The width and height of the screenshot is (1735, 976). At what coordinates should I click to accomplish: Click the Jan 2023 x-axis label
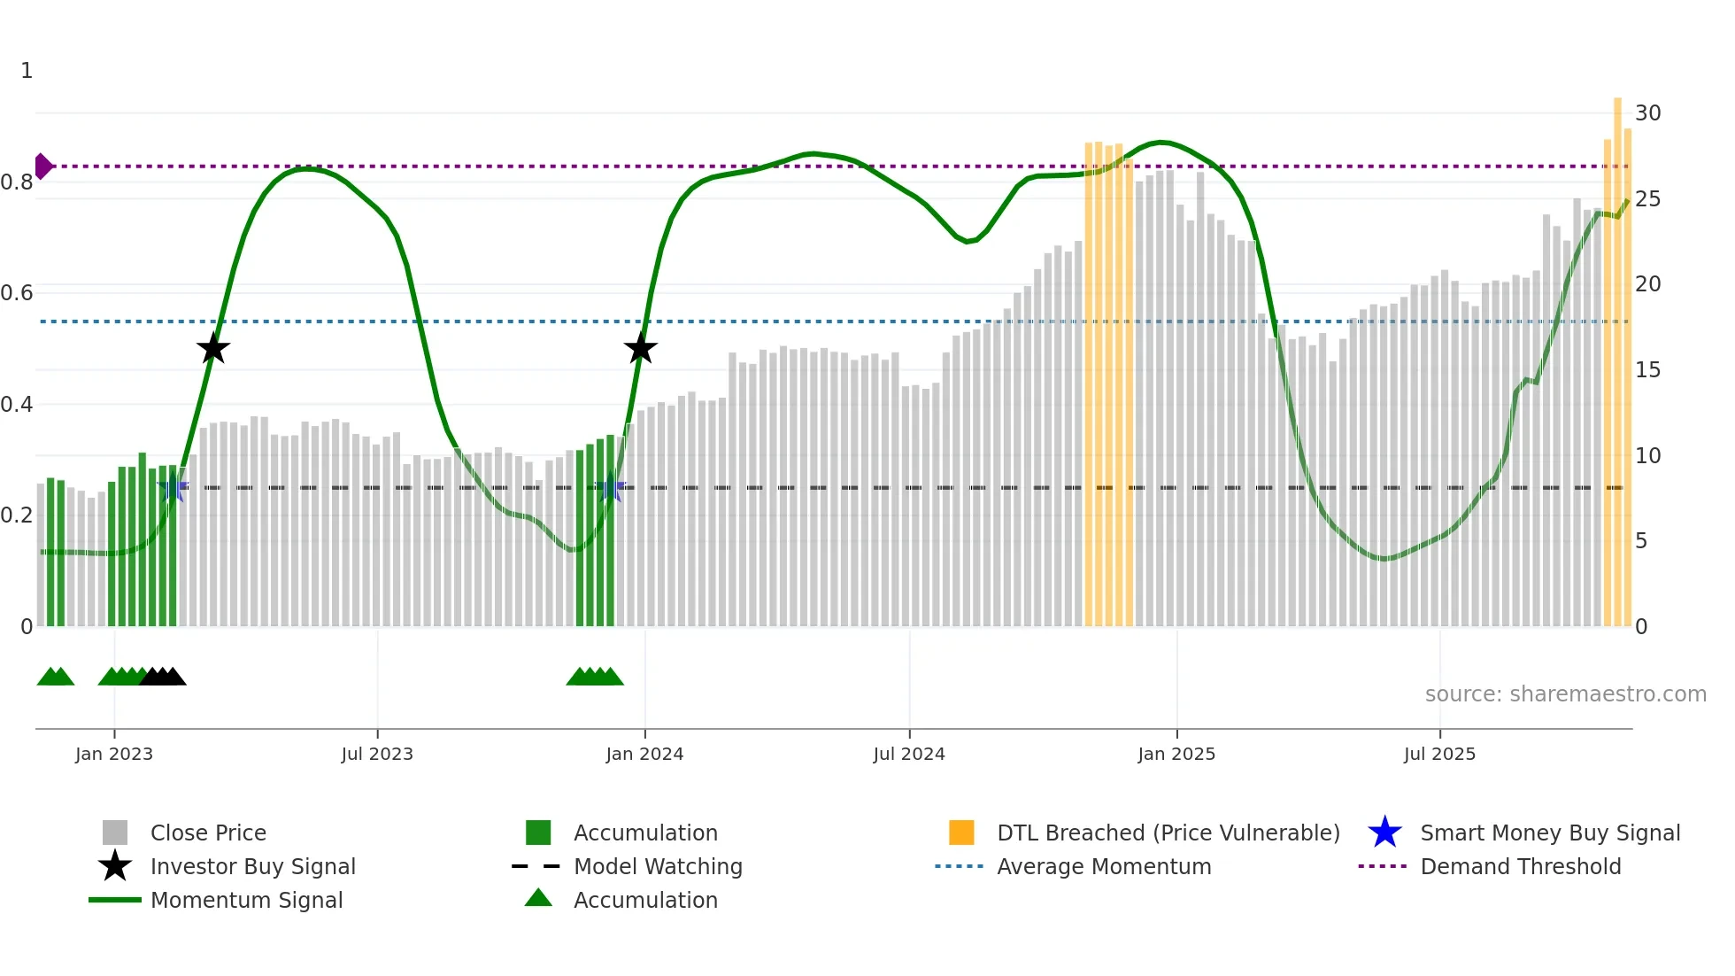(114, 754)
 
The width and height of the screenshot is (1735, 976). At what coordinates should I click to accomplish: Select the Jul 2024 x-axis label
(909, 754)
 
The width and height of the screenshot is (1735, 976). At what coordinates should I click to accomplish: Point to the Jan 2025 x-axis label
(1176, 754)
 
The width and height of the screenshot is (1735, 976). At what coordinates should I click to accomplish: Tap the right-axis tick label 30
(1647, 113)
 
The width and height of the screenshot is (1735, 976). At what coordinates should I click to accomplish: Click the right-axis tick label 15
(1647, 370)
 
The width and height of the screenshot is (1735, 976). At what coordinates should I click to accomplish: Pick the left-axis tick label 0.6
(17, 293)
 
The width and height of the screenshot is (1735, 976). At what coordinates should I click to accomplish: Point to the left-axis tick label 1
(27, 71)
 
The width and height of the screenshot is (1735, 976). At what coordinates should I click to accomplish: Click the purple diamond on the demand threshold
(42, 167)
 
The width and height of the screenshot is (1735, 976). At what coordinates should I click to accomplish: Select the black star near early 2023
(212, 349)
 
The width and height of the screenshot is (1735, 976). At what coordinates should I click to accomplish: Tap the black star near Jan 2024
(640, 349)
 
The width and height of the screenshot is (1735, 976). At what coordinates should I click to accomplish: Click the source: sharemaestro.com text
(1565, 694)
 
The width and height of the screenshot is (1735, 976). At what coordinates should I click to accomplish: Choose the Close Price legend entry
(208, 833)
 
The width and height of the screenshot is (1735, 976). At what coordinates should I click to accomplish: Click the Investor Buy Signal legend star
(115, 866)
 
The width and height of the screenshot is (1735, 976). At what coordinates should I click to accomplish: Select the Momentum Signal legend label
(246, 901)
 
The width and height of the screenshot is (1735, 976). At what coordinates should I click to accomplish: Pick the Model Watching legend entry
(658, 867)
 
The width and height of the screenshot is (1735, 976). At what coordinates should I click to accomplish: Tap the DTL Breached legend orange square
(961, 833)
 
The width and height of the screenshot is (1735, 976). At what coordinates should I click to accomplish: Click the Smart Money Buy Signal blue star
(1384, 833)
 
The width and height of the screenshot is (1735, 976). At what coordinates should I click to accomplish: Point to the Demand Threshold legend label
(1520, 867)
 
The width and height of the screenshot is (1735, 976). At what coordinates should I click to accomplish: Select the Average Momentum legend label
(1104, 867)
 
